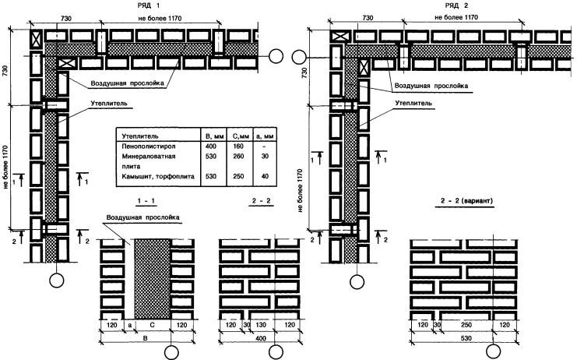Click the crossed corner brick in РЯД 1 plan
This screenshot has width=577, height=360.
(x=37, y=38)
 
